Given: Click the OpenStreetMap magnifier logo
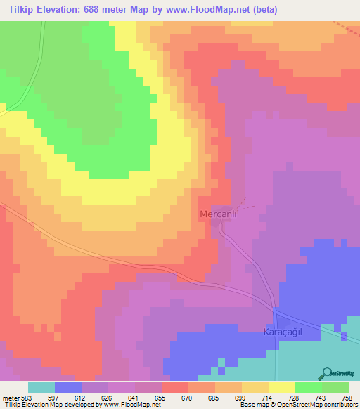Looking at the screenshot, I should [326, 372].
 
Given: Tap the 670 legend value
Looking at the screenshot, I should [188, 398].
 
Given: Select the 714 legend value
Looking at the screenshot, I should [267, 398].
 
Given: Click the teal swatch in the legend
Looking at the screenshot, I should [41, 387].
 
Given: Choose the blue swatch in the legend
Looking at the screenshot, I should [68, 387].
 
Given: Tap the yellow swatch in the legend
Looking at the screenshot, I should [282, 387].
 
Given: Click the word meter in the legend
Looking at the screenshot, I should [10, 398].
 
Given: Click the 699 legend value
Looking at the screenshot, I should [240, 398].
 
